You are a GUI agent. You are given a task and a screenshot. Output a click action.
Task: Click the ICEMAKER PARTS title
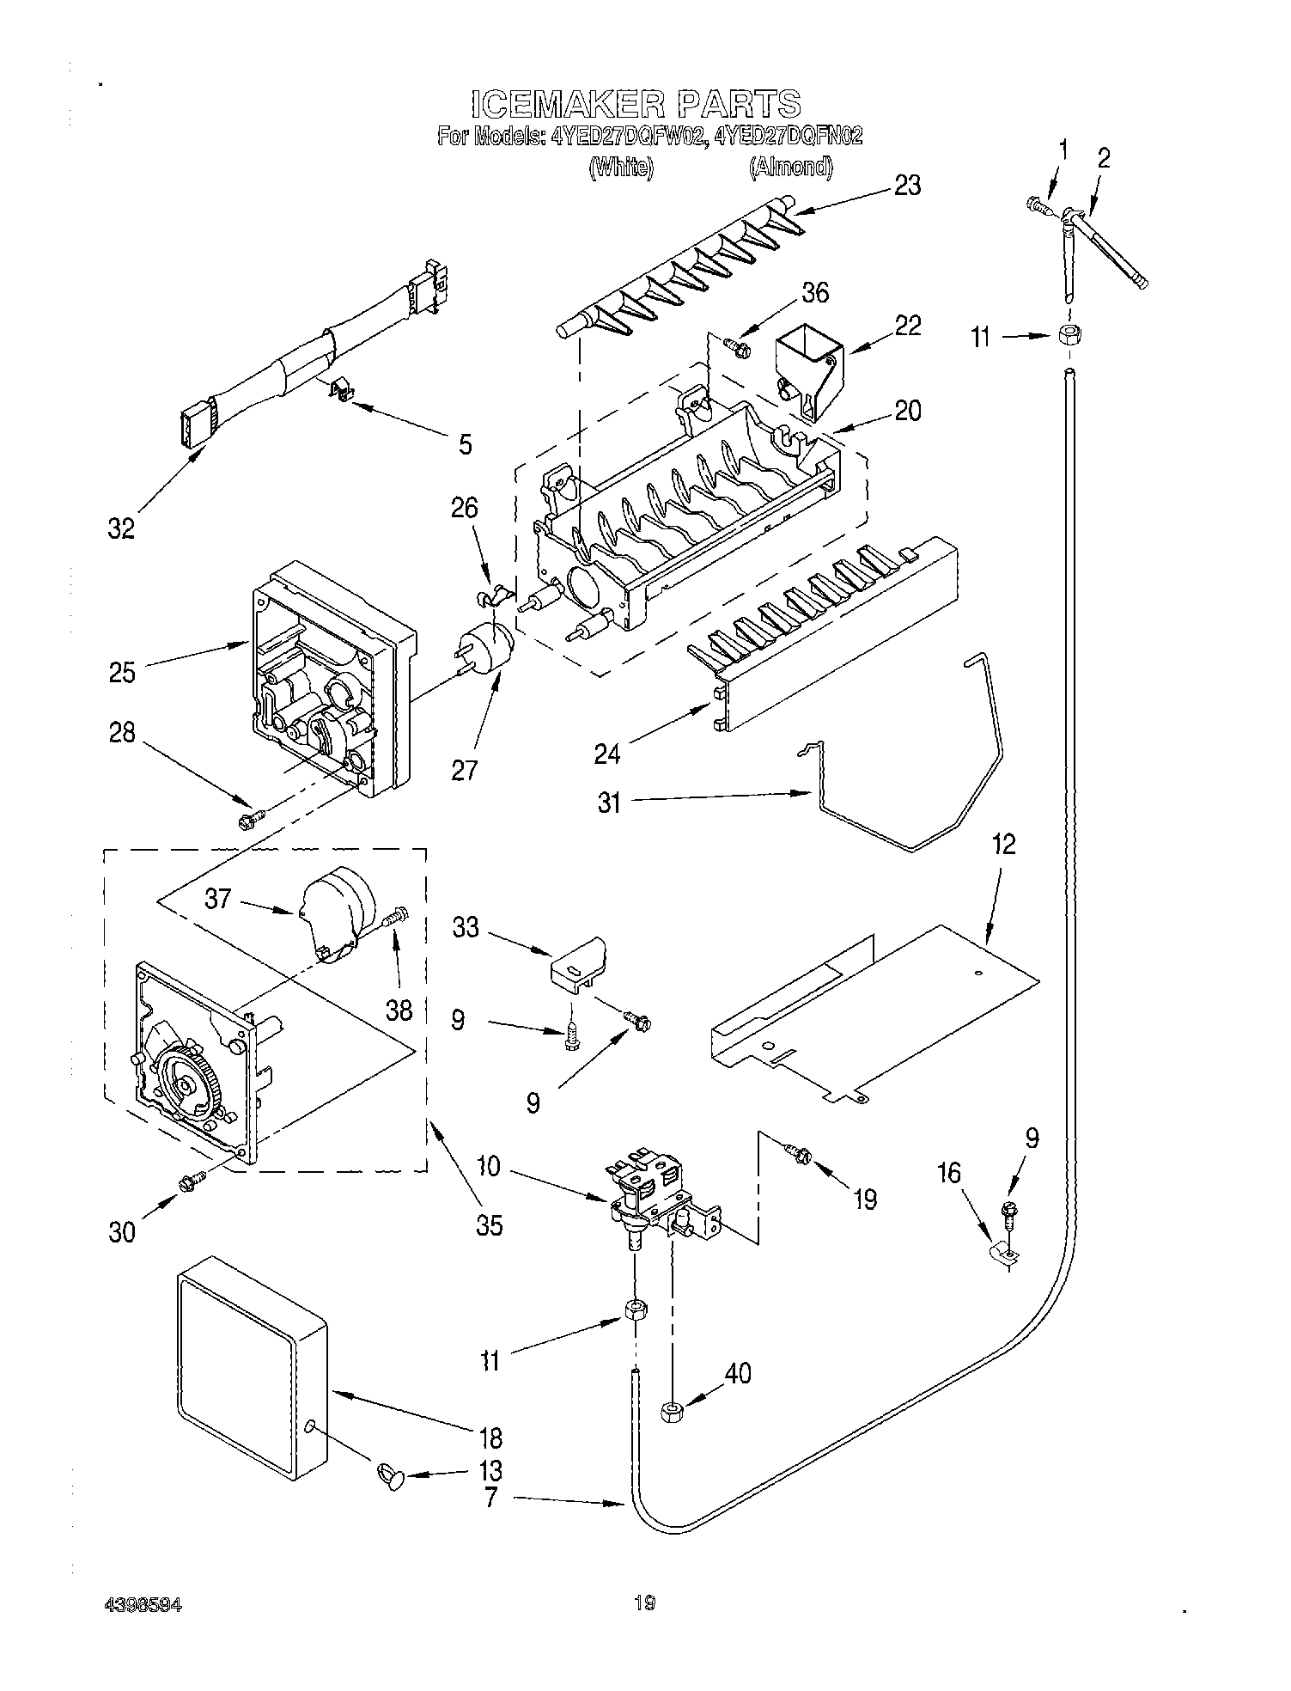[636, 104]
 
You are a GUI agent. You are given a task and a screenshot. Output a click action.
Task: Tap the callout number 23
[907, 185]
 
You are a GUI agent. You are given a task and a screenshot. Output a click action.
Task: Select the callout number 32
[121, 528]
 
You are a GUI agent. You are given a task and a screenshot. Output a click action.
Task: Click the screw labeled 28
[249, 821]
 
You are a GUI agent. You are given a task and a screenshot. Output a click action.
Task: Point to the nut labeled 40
[672, 1410]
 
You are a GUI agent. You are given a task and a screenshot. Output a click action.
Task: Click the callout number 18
[490, 1438]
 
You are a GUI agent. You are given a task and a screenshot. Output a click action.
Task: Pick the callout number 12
[1002, 845]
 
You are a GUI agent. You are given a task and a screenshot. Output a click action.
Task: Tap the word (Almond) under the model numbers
[790, 167]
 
